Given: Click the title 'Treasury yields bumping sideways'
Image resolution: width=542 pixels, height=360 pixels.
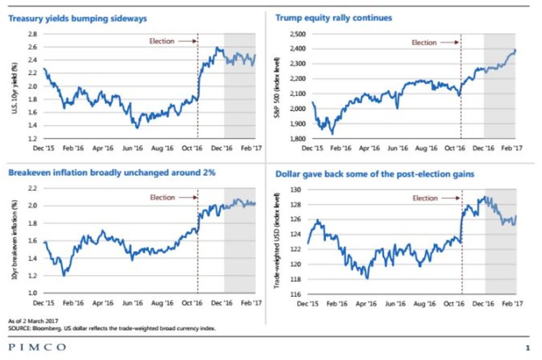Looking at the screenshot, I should tap(77, 18).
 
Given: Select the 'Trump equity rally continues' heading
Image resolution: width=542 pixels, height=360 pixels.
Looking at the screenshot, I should tap(334, 18).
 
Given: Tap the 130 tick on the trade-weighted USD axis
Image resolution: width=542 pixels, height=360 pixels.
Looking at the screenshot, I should tap(296, 190).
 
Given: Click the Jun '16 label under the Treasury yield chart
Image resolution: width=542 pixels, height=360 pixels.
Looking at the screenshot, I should tap(133, 148).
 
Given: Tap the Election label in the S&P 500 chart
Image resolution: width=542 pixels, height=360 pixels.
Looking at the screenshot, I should tap(424, 43).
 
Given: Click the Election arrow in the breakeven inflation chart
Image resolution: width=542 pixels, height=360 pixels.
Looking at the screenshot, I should tap(186, 198).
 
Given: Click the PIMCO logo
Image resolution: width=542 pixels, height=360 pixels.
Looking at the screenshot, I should tap(37, 347).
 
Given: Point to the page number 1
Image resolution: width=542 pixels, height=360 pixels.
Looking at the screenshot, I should tap(527, 348).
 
